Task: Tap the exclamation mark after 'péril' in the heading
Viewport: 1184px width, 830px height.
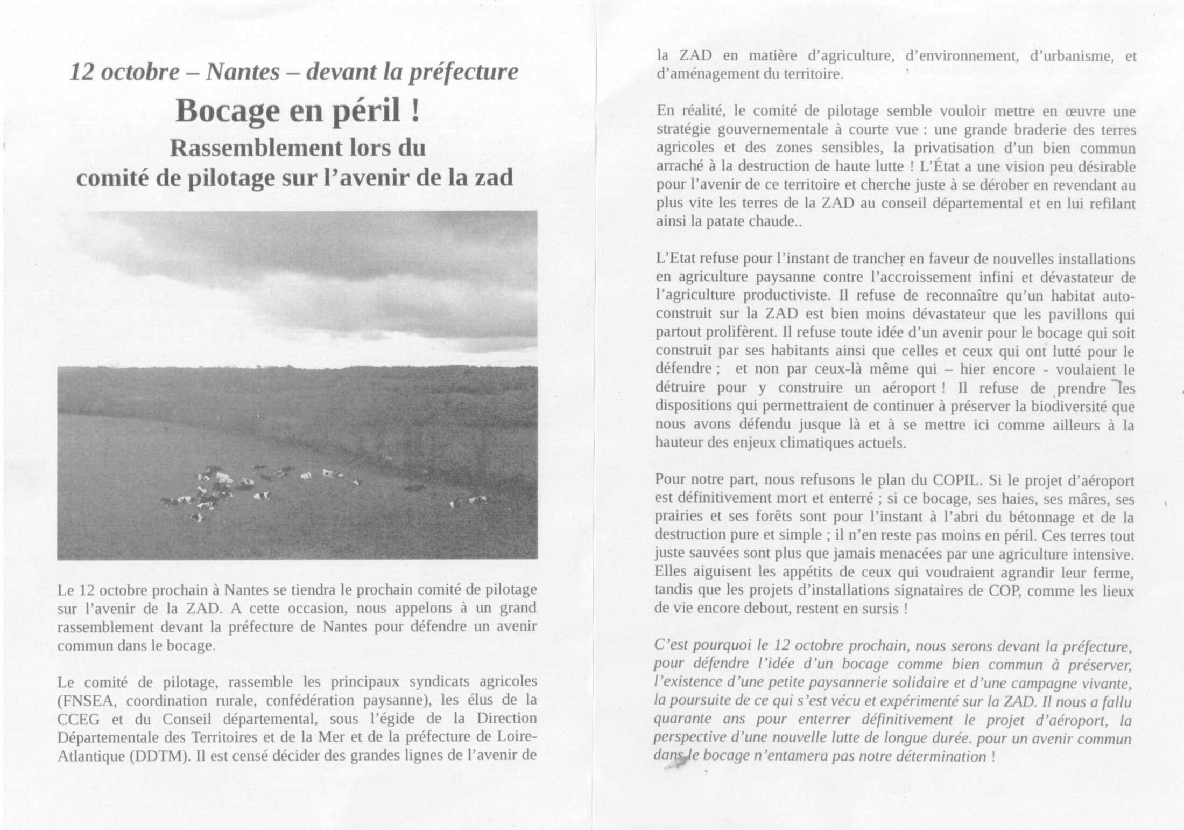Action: [414, 110]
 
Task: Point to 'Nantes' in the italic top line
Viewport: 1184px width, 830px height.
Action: [243, 72]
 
